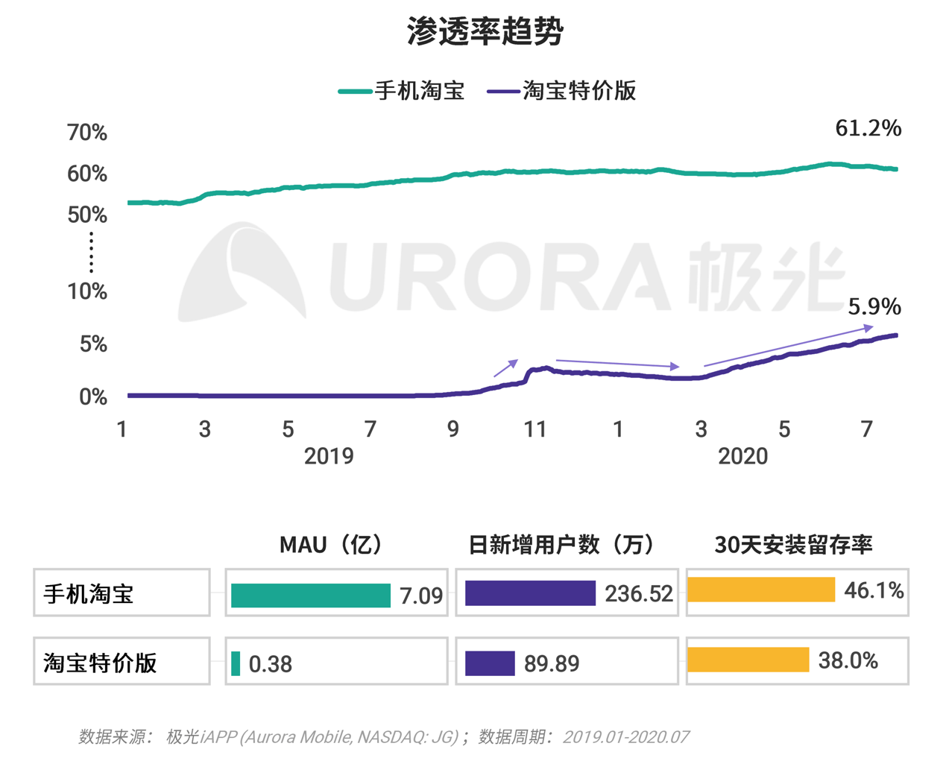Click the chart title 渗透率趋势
click(485, 32)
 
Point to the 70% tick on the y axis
click(87, 133)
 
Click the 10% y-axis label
click(87, 291)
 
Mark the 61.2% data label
click(868, 128)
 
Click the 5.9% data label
click(874, 306)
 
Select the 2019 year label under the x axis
click(328, 456)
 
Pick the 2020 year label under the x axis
click(742, 456)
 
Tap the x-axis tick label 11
click(535, 429)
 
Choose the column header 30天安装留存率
click(793, 545)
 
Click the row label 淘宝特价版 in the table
click(101, 663)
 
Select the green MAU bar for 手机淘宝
click(311, 595)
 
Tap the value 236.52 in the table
click(639, 594)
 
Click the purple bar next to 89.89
click(490, 663)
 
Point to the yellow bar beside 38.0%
click(748, 660)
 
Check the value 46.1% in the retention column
click(874, 591)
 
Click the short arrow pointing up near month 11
click(506, 367)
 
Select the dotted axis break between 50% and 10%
click(91, 253)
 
